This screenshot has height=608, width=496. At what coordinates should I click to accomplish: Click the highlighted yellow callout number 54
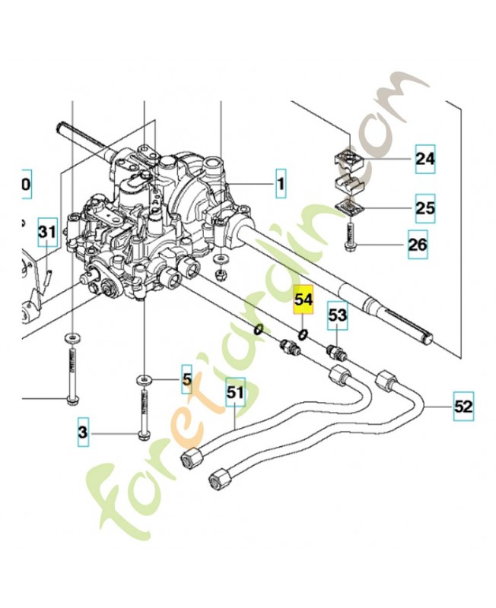tap(304, 299)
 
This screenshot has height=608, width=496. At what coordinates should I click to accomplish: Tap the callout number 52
tap(463, 406)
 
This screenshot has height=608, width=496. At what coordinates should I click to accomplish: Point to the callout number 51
tap(235, 393)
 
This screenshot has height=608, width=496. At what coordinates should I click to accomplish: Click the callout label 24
tap(424, 159)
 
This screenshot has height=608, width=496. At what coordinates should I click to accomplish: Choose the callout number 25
tap(425, 207)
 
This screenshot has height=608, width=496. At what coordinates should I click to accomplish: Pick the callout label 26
tap(418, 244)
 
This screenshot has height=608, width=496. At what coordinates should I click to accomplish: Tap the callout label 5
tap(186, 375)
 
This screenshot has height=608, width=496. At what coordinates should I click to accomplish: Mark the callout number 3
tap(84, 433)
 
